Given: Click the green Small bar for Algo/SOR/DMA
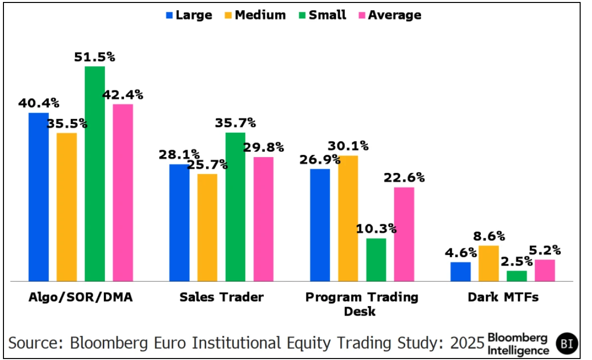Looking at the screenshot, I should coord(95,173).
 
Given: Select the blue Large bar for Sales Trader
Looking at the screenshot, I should coord(179,222).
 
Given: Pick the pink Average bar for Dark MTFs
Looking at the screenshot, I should coord(545,270).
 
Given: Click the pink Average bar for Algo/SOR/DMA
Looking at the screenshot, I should coord(123,193).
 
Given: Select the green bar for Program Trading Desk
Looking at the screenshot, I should coord(376,260).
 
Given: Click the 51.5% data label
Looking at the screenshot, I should coord(95,57).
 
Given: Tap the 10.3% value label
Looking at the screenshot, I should coord(377,229).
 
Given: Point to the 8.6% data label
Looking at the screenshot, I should coord(489,236).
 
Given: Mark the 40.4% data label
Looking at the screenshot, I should coord(39,103).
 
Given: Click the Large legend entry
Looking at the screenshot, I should coord(188,15).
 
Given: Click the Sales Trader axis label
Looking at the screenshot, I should coord(221,297).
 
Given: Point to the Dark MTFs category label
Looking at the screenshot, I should coord(503,297).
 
